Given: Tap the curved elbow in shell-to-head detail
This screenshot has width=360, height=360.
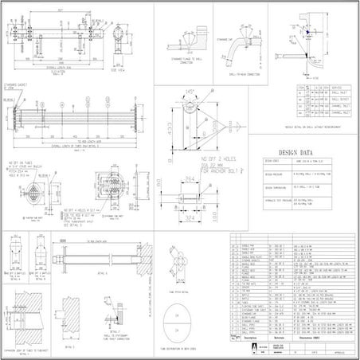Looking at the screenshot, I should (x=235, y=52).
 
